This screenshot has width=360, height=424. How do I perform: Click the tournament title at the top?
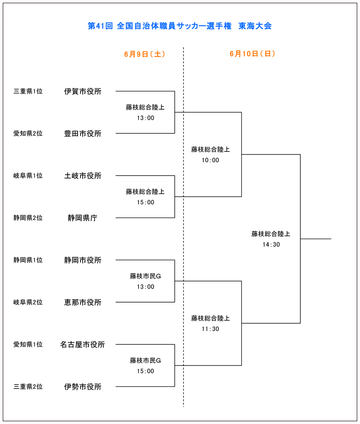pos(180,26)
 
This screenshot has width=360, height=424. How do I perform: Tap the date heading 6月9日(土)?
pos(144,54)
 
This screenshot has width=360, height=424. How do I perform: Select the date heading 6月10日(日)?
pos(252,54)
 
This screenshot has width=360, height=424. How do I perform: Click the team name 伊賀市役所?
pos(83,91)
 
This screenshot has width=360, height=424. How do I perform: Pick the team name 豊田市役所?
pos(83,134)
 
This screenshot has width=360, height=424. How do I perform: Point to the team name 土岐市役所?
pos(83,176)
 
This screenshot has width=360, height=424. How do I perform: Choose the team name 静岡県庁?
pos(83,218)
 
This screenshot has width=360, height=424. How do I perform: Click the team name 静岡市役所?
pos(83,260)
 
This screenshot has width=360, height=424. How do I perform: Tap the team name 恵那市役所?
pos(83,302)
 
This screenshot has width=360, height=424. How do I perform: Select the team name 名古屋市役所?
pos(83,344)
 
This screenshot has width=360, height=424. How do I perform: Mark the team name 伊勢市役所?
pos(83,387)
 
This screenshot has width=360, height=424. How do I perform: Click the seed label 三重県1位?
pos(28,91)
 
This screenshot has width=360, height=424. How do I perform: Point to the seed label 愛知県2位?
pos(28,134)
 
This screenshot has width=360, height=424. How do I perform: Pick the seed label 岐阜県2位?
pos(28,302)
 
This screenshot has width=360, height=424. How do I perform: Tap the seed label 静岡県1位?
pos(28,260)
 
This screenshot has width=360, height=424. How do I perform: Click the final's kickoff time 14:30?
pos(271,245)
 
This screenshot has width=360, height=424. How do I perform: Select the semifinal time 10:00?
pos(210,160)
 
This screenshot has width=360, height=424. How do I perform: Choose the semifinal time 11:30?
pos(210,329)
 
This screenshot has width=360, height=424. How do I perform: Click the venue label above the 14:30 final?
pos(271,234)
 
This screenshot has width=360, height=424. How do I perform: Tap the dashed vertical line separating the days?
pos(183,227)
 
